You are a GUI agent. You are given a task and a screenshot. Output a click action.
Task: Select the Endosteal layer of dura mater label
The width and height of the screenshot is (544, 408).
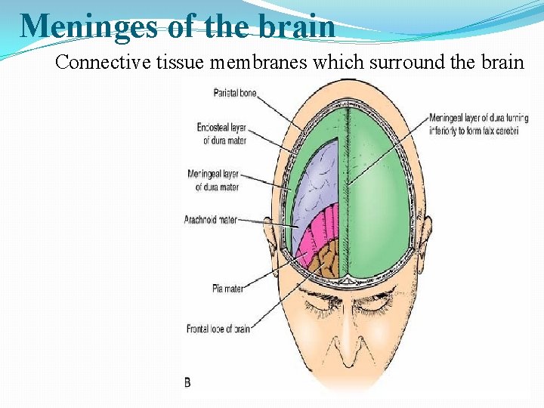(222, 133)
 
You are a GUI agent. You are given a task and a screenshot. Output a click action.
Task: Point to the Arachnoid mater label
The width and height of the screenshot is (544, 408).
(211, 220)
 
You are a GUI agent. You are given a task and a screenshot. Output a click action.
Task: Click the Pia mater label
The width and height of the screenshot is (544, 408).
(229, 289)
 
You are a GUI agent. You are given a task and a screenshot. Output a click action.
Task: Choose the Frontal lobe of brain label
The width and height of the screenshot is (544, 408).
(218, 329)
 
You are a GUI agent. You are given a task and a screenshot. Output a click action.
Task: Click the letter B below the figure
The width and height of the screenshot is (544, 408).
(188, 382)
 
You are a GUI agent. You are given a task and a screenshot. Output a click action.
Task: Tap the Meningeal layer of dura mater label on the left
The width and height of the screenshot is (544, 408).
(214, 181)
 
